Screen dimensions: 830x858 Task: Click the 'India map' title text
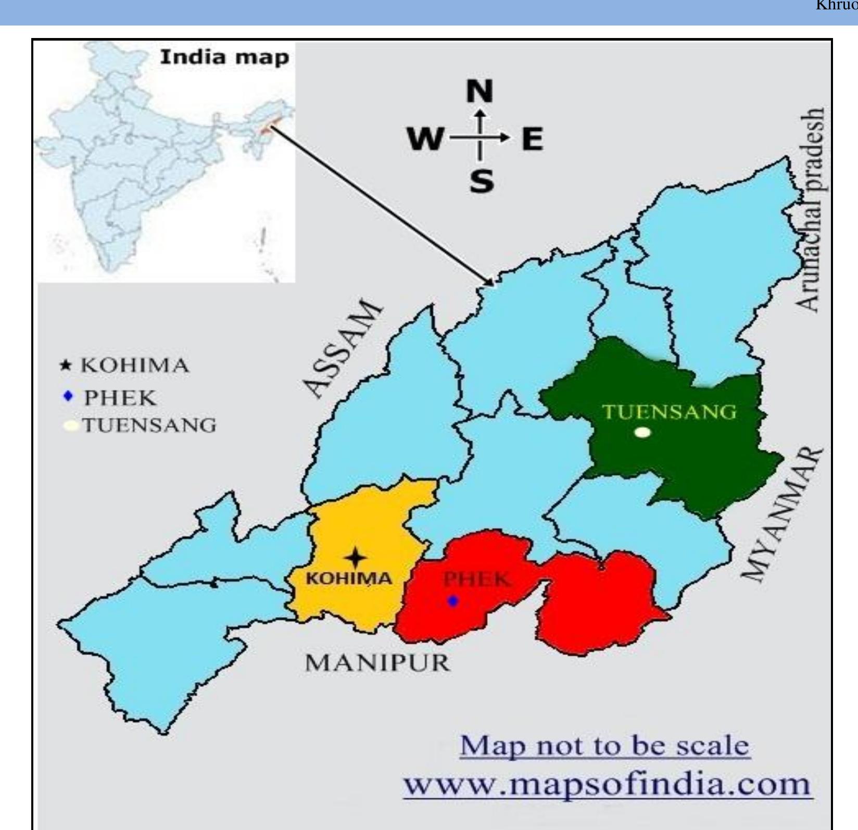[x=224, y=57]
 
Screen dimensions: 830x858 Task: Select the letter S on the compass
[x=482, y=182]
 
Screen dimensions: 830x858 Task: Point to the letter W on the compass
[x=425, y=139]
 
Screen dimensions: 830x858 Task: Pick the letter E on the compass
[x=532, y=139]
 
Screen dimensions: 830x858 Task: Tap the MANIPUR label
[x=377, y=663]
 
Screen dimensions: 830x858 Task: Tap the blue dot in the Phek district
[x=453, y=601]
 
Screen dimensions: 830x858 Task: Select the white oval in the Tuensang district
[x=643, y=432]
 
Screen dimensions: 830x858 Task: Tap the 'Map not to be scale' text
[x=604, y=746]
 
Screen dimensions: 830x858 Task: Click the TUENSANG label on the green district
[x=670, y=412]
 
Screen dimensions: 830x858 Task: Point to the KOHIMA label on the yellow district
[x=348, y=578]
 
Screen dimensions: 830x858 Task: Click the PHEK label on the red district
[x=476, y=579]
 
